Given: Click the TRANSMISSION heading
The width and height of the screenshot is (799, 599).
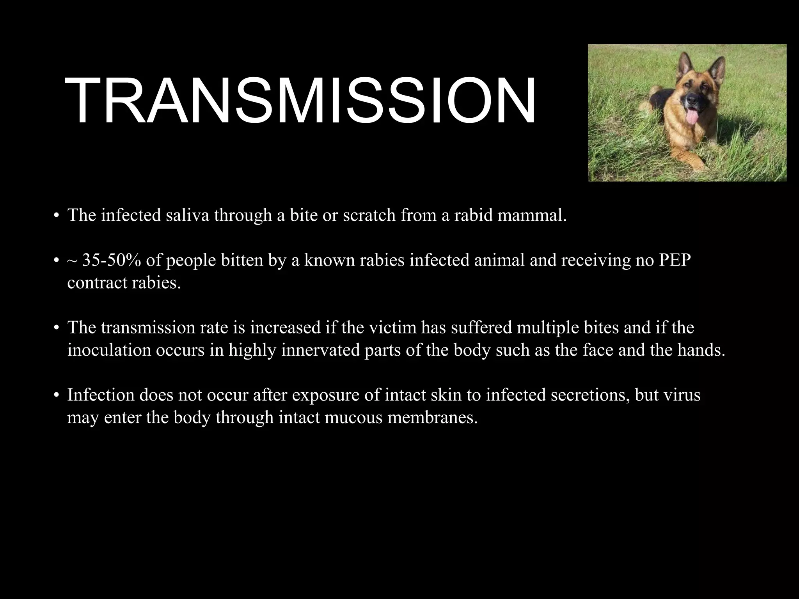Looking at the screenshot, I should click(x=300, y=101).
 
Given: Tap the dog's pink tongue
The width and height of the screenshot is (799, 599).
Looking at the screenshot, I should click(x=691, y=118).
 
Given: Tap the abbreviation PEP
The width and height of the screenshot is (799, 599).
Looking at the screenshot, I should click(x=675, y=260).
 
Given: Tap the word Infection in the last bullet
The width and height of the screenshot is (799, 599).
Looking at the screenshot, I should click(x=101, y=395).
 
